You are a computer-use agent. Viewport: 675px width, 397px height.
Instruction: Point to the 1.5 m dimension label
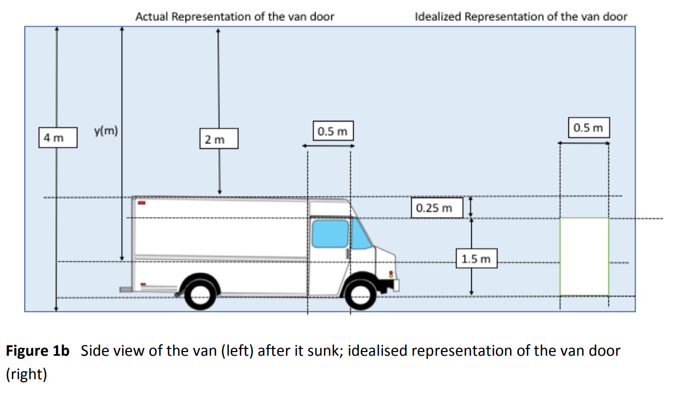476,259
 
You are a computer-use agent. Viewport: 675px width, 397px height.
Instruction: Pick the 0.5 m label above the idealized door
588,127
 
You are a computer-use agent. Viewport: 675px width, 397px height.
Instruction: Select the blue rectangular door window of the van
330,233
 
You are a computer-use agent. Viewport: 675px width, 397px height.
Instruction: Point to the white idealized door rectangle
584,256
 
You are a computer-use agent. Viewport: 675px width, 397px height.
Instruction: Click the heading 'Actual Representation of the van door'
235,16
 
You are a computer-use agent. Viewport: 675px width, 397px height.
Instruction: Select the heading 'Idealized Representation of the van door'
521,16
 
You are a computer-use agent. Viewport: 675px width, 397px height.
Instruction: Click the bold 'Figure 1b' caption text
38,351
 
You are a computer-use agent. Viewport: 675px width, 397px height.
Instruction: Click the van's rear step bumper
125,289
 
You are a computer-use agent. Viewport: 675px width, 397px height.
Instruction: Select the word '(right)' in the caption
26,375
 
